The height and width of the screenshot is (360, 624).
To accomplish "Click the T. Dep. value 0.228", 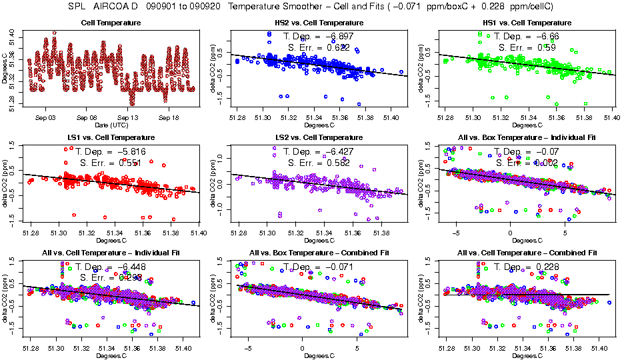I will click(545, 267).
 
